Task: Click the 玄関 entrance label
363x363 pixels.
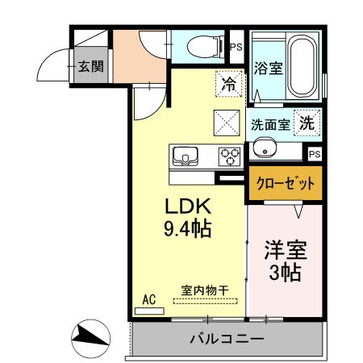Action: tap(90, 66)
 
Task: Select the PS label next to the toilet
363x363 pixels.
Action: tap(236, 48)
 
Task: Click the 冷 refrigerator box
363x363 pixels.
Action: tap(229, 82)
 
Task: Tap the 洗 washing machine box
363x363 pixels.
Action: tap(307, 123)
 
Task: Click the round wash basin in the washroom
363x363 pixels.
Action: tap(263, 148)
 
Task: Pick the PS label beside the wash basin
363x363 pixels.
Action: tap(314, 153)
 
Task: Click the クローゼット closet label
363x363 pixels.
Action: tap(286, 183)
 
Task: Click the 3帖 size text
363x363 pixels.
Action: tap(286, 273)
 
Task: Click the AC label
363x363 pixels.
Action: tap(148, 299)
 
